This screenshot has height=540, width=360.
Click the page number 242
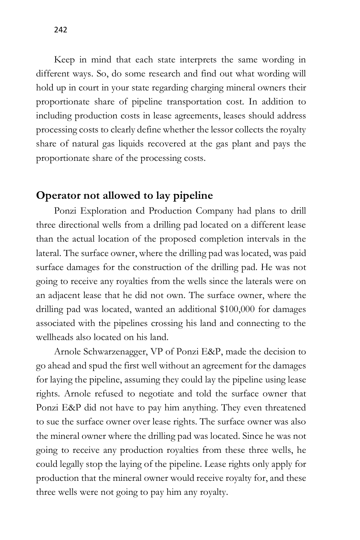tap(60, 30)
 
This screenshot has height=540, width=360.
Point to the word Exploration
tap(108, 211)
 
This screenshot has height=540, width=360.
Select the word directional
tap(76, 225)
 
